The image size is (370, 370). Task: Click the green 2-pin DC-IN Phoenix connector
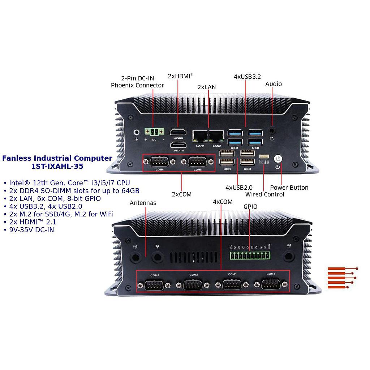pyautogui.click(x=154, y=132)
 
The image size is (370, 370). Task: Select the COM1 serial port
pyautogui.click(x=155, y=285)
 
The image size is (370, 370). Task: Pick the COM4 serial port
pyautogui.click(x=271, y=284)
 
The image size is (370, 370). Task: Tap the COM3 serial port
pyautogui.click(x=232, y=285)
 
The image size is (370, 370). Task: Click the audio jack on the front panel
pyautogui.click(x=272, y=130)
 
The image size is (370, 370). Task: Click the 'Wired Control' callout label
pyautogui.click(x=264, y=194)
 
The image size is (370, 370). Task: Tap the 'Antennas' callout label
pyautogui.click(x=143, y=203)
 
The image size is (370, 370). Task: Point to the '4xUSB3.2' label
pyautogui.click(x=247, y=76)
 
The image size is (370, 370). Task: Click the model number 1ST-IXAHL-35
pyautogui.click(x=57, y=167)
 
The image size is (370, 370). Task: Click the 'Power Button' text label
pyautogui.click(x=289, y=188)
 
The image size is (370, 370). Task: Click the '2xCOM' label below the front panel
pyautogui.click(x=181, y=194)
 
